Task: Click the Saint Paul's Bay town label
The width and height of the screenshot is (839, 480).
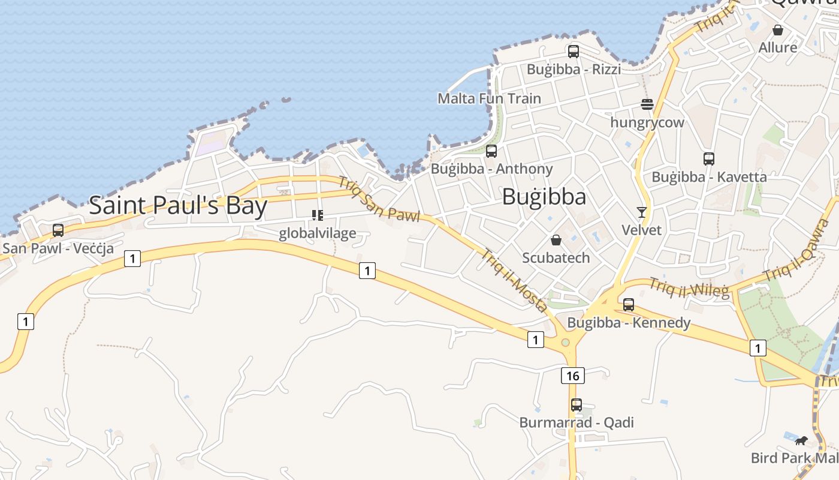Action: tap(178, 206)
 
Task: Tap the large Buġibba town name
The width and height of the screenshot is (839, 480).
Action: tap(544, 197)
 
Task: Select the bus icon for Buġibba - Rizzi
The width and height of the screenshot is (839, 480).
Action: tap(574, 52)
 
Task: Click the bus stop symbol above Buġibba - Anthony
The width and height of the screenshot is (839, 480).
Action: tap(491, 151)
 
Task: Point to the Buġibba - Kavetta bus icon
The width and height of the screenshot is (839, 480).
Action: tap(709, 159)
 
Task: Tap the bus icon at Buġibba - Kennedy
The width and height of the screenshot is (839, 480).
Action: tap(629, 305)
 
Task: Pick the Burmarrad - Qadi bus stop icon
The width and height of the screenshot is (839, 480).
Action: tap(577, 405)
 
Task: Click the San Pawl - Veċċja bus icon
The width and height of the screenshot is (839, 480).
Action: tap(58, 230)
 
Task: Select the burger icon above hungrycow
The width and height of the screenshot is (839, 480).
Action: tap(647, 104)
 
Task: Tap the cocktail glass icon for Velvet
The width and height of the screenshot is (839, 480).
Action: tap(642, 212)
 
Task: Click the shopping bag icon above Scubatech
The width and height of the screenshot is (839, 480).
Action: tap(556, 240)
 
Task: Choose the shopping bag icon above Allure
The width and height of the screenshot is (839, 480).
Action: tap(778, 30)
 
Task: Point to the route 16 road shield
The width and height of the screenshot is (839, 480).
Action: tap(573, 376)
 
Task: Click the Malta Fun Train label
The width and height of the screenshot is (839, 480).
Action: tap(489, 98)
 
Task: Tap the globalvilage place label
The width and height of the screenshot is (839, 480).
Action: tap(318, 233)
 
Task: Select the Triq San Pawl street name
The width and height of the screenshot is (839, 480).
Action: tap(379, 199)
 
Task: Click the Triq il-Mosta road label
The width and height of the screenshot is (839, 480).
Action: tap(514, 280)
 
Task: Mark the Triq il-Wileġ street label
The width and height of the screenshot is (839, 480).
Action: tap(689, 288)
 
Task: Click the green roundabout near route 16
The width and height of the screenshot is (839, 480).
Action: tap(565, 343)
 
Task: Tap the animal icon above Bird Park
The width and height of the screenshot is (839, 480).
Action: tap(801, 441)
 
